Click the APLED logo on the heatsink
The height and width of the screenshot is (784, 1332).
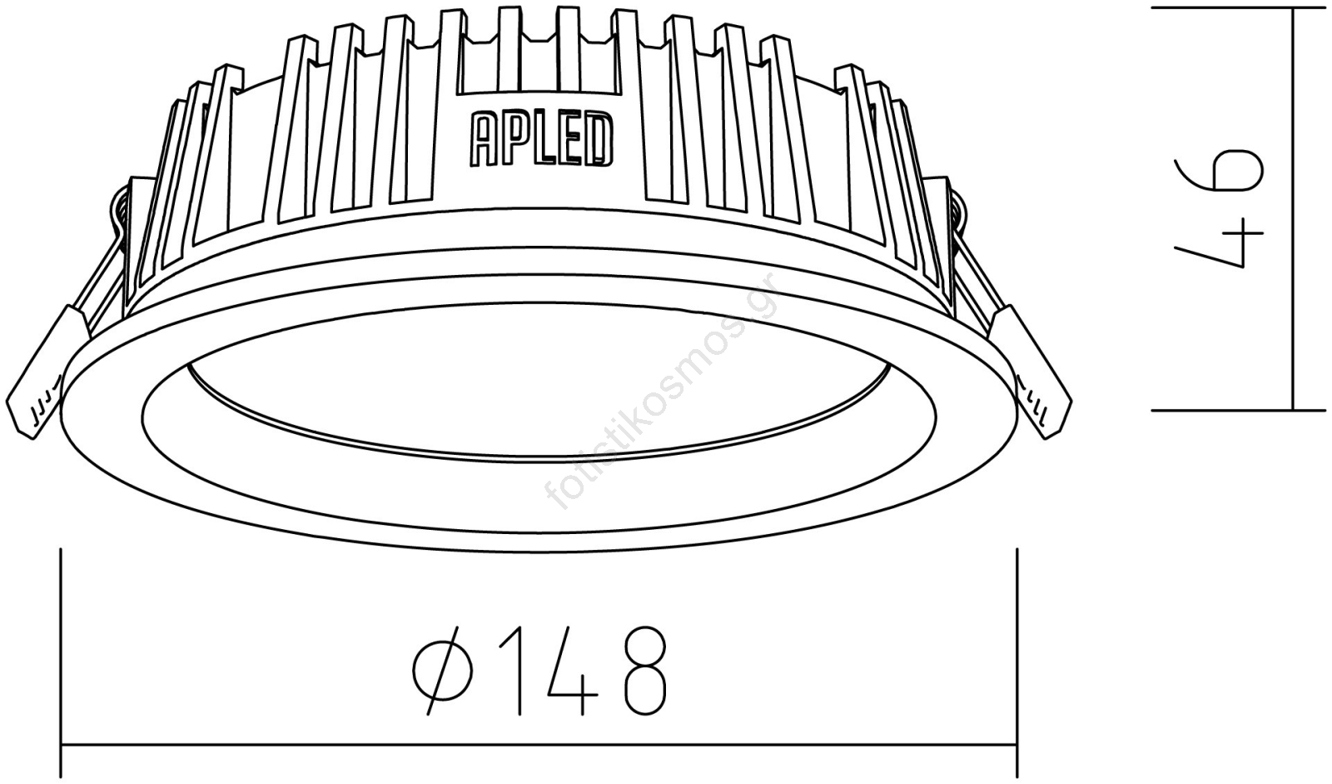[x=542, y=139]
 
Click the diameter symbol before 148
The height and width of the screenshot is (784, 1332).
[x=442, y=670]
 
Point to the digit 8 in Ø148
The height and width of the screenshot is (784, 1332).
[x=645, y=671]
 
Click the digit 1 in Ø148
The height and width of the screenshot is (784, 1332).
[x=512, y=671]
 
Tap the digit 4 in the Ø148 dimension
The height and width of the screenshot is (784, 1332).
[x=572, y=671]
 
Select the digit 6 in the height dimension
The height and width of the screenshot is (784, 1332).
[x=1220, y=170]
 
